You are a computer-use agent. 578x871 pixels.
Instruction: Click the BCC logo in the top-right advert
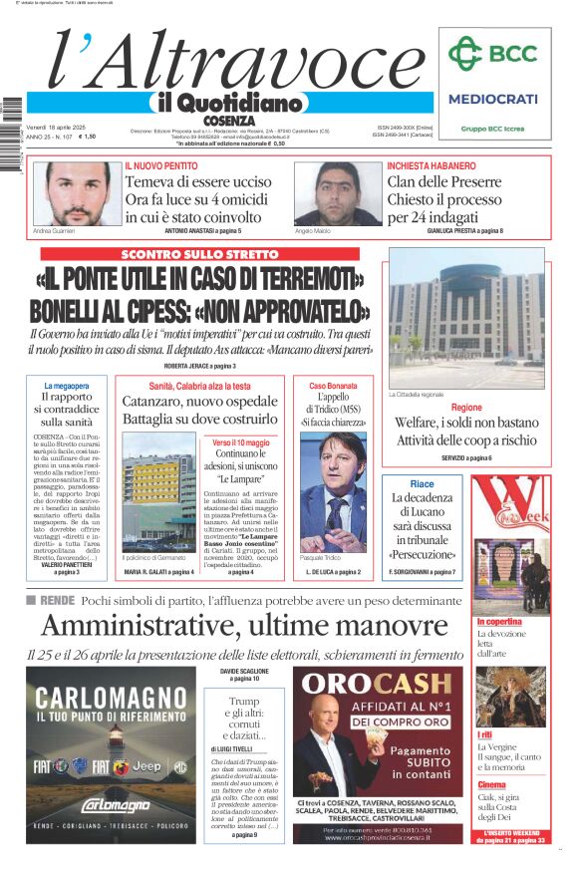click(491, 55)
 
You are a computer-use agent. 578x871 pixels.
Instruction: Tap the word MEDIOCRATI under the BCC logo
click(492, 99)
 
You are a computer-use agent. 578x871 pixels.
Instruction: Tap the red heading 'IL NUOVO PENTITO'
click(161, 165)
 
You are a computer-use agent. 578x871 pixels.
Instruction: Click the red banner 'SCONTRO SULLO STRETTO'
click(198, 254)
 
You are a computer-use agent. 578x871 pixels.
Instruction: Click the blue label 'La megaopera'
click(67, 386)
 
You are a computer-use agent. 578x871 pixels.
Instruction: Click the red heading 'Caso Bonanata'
click(333, 386)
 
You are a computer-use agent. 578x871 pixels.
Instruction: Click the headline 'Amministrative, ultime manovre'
click(244, 626)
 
